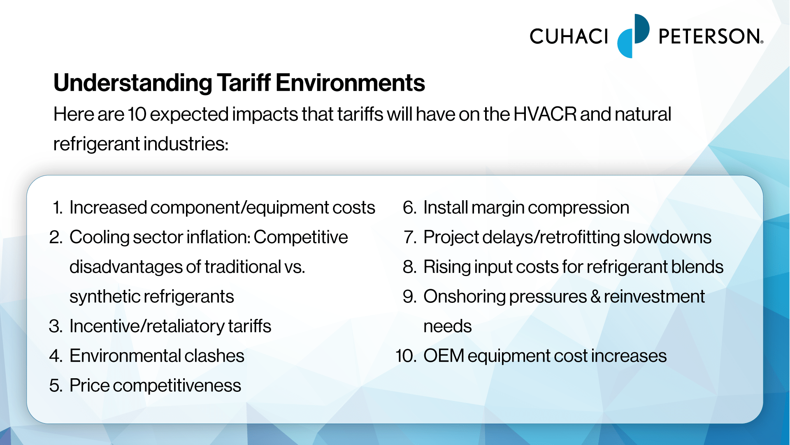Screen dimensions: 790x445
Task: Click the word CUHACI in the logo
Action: tap(569, 36)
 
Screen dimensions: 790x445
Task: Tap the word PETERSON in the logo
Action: tap(710, 36)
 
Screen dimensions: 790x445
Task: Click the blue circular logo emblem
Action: tap(633, 36)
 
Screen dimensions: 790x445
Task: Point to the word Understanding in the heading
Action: tap(133, 84)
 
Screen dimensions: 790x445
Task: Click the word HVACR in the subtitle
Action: tap(545, 114)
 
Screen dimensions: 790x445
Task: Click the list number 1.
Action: tap(58, 207)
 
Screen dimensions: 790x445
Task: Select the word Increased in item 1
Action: tap(108, 207)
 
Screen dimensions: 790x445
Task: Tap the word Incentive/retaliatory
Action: tap(147, 326)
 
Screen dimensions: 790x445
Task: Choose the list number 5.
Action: tap(56, 386)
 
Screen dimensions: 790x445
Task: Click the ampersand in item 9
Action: tap(595, 297)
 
